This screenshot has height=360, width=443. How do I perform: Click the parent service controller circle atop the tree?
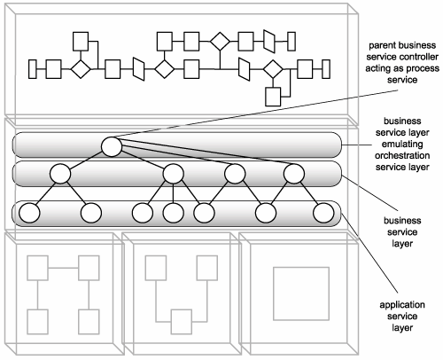point(112,146)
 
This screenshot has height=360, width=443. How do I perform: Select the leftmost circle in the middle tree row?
point(60,174)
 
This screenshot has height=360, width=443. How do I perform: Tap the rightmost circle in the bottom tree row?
point(323,213)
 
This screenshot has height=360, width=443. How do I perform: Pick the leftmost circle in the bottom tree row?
point(29,213)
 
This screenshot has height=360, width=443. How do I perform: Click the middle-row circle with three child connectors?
point(174,174)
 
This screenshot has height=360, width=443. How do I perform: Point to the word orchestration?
point(402,155)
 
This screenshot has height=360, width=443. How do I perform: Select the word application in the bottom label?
point(402,305)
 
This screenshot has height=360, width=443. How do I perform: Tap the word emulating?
point(402,145)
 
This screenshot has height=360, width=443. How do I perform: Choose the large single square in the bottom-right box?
point(301,293)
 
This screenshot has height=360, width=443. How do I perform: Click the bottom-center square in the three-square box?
point(182,322)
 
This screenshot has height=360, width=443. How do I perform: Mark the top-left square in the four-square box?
point(37,268)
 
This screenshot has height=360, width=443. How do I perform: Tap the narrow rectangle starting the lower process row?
point(33,69)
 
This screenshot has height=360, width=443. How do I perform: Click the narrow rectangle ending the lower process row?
point(326,69)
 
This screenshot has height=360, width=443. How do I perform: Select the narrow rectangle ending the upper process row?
point(291,42)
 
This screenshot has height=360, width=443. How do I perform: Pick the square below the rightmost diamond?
point(273,97)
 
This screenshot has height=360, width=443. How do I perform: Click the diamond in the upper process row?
point(220,42)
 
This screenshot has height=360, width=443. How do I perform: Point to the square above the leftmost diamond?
point(81,42)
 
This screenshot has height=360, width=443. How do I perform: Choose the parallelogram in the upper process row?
point(269,42)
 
